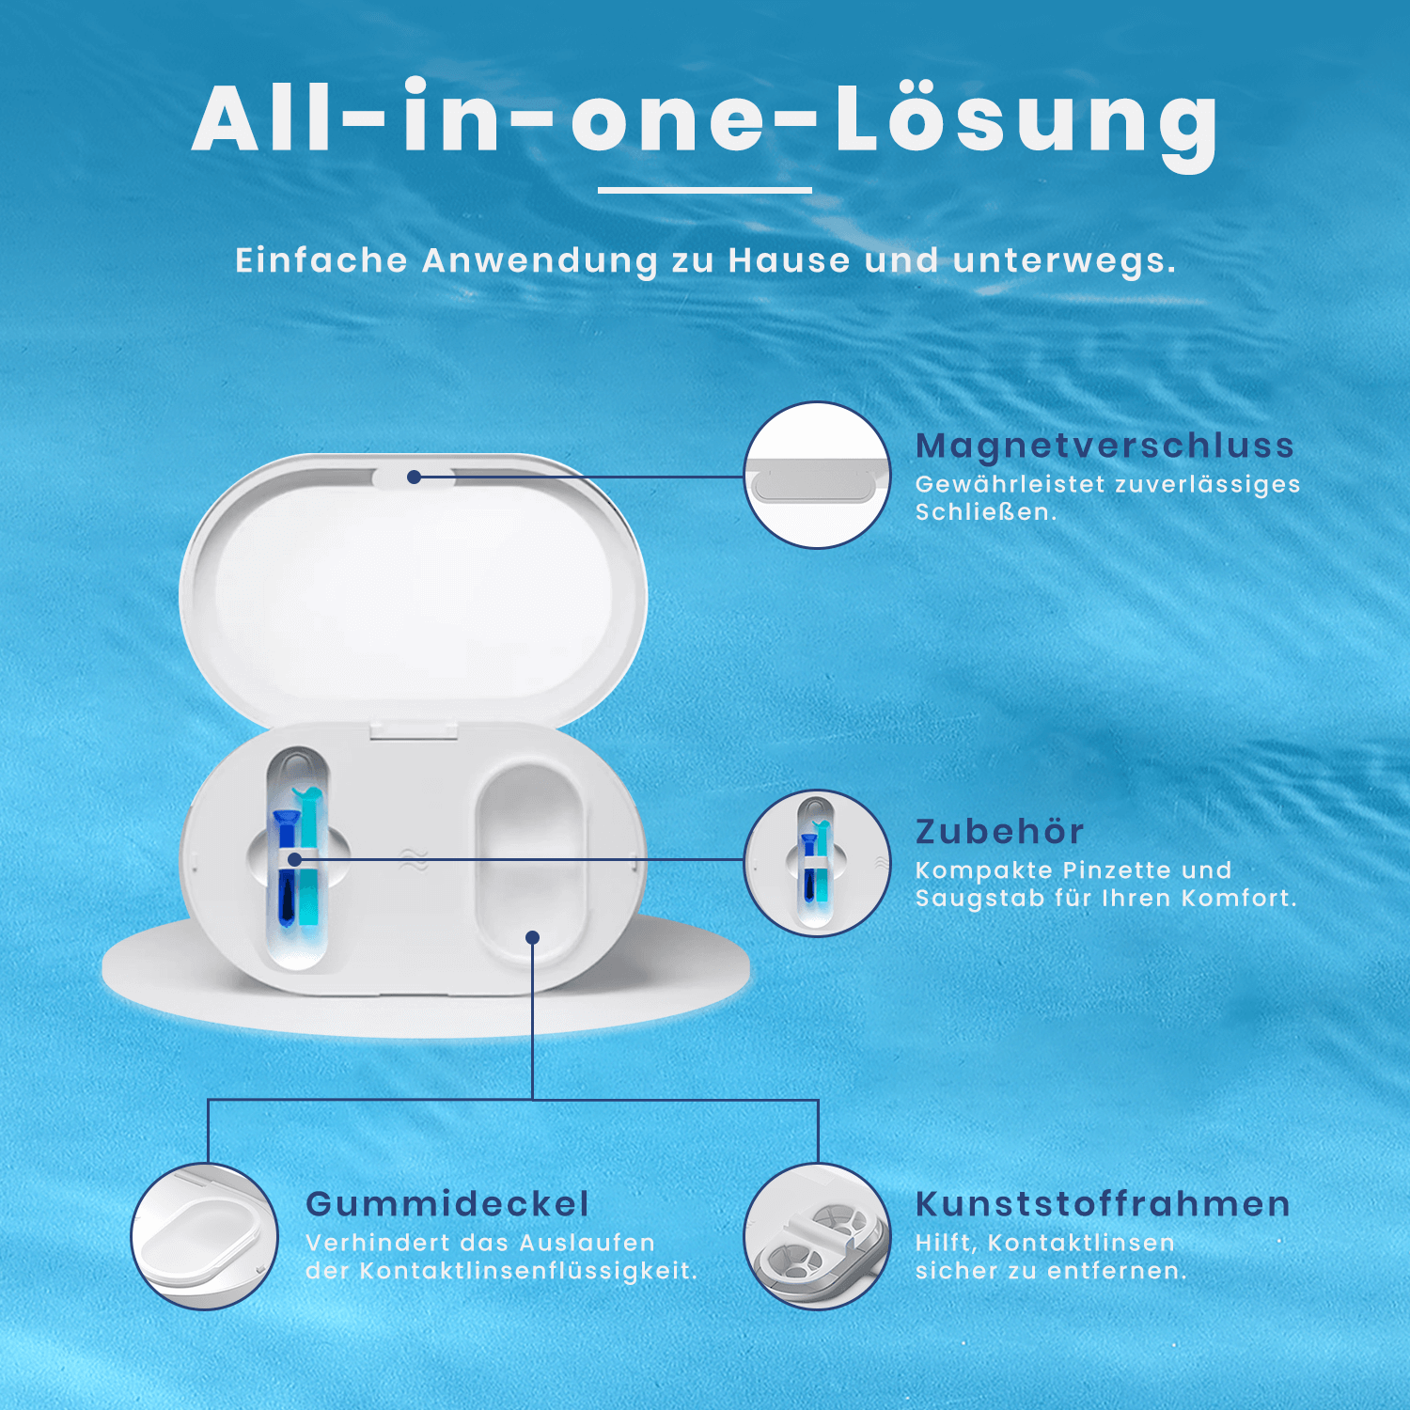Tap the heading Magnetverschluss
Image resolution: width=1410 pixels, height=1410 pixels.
(1104, 446)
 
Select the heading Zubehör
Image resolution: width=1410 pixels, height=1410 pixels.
(999, 832)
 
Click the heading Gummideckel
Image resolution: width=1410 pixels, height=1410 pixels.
(447, 1204)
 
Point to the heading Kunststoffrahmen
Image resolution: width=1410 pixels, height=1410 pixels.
(1103, 1204)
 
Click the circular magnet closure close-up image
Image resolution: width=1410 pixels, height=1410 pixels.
(817, 476)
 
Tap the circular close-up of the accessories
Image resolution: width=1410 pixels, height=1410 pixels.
(817, 863)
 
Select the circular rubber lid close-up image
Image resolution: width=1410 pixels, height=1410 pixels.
(205, 1236)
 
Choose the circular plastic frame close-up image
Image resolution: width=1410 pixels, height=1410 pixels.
(817, 1236)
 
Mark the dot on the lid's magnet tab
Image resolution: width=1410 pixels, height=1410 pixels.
(414, 477)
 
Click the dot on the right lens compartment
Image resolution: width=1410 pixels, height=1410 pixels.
(532, 937)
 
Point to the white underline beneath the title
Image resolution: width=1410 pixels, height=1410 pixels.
(704, 190)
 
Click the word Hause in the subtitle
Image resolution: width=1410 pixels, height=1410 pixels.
(789, 260)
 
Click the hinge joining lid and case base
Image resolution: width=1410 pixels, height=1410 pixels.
(414, 729)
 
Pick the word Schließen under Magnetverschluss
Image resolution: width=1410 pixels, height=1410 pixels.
(984, 512)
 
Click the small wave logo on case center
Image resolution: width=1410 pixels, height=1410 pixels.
(414, 859)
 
